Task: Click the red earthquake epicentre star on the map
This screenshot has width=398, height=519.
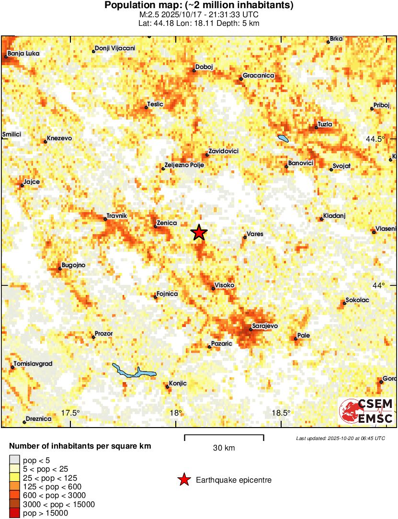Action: (199, 233)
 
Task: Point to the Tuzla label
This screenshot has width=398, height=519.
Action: (325, 124)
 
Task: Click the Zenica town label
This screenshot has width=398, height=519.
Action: (167, 223)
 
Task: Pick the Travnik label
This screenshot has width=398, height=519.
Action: (117, 216)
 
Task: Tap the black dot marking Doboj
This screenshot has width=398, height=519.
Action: (194, 71)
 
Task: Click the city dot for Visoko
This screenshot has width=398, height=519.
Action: (213, 288)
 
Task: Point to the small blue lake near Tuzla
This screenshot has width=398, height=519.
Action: (283, 139)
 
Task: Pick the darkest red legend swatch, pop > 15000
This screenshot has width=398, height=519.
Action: (15, 513)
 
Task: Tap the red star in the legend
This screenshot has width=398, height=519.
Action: (183, 480)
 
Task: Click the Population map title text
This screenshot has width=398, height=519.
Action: (199, 6)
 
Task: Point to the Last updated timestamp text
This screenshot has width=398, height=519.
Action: (340, 438)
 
